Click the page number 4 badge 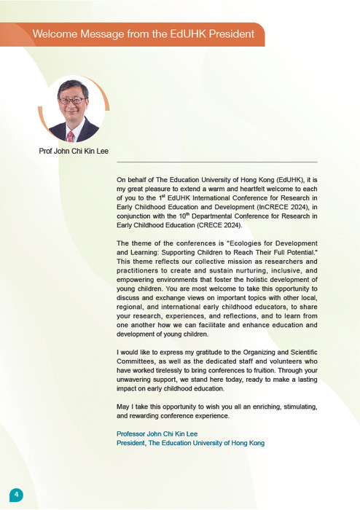(16, 495)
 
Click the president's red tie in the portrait (71, 136)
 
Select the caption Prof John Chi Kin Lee (74, 152)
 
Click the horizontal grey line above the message (216, 162)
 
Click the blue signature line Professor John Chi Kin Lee (157, 433)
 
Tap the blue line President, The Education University (190, 443)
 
